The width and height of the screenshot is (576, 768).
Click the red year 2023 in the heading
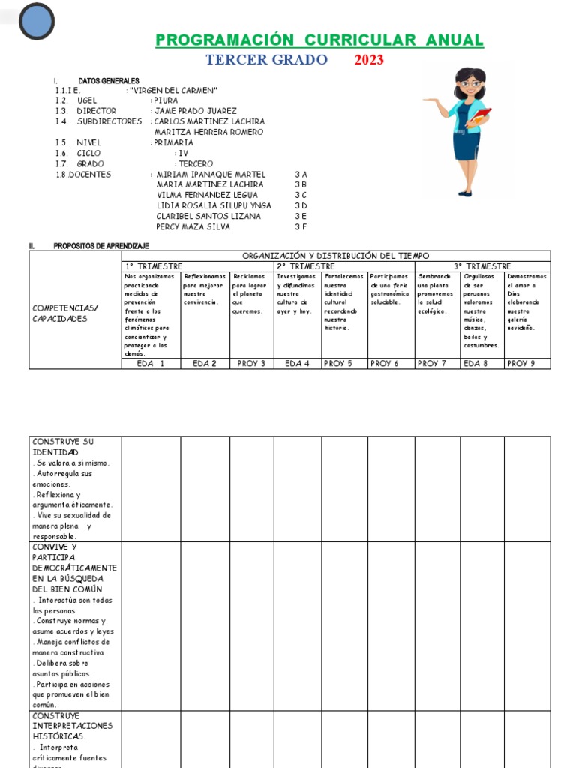click(x=369, y=60)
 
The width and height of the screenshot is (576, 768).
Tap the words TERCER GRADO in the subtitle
click(x=266, y=60)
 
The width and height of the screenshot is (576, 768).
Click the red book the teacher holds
click(x=483, y=116)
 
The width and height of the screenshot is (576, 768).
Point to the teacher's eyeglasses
click(x=469, y=84)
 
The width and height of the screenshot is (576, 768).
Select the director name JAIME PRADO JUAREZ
click(x=195, y=111)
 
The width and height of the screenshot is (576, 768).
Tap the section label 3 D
click(x=301, y=205)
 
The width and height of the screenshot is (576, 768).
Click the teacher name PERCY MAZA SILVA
click(x=193, y=226)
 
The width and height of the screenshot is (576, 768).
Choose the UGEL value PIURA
click(x=166, y=100)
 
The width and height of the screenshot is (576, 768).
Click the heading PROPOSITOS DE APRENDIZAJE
click(x=101, y=246)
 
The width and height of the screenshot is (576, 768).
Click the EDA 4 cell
click(x=298, y=364)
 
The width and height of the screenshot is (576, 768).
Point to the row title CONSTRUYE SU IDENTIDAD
click(x=63, y=447)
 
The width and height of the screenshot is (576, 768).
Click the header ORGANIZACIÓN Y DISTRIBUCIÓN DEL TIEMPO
click(x=335, y=256)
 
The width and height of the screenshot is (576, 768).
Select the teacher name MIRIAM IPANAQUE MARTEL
click(x=212, y=174)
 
